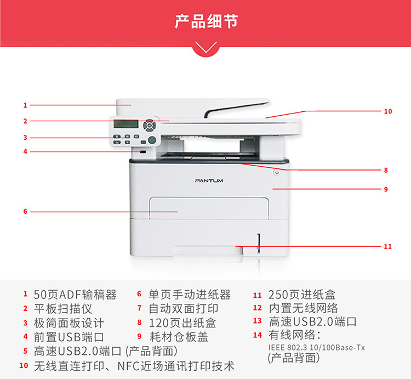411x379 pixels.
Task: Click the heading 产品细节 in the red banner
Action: pos(206,21)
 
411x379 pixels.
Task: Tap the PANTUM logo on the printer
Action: pos(209,180)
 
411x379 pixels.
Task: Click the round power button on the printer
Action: pos(276,173)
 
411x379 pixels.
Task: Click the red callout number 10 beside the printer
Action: pos(388,111)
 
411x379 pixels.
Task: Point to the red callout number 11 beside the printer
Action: pos(387,246)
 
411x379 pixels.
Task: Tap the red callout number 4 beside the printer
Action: pos(25,152)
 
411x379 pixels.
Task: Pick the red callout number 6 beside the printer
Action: pos(25,211)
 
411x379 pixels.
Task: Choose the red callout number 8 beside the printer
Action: pos(386,170)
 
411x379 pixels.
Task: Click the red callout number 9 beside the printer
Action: pos(386,189)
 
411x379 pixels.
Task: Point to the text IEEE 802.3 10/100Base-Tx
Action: pos(317,348)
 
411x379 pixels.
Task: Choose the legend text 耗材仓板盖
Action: pos(179,337)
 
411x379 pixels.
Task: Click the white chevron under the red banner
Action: pos(206,48)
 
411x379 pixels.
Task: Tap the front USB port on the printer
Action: pos(143,152)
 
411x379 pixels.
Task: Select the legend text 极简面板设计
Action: pos(68,323)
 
